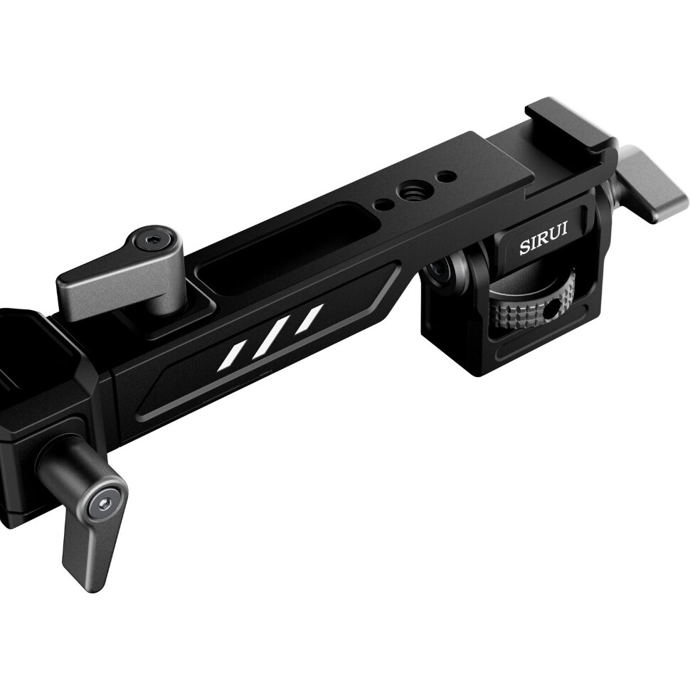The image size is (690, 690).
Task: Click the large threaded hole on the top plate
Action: click(x=411, y=190)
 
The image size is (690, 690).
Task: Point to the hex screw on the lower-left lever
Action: click(x=103, y=504)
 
